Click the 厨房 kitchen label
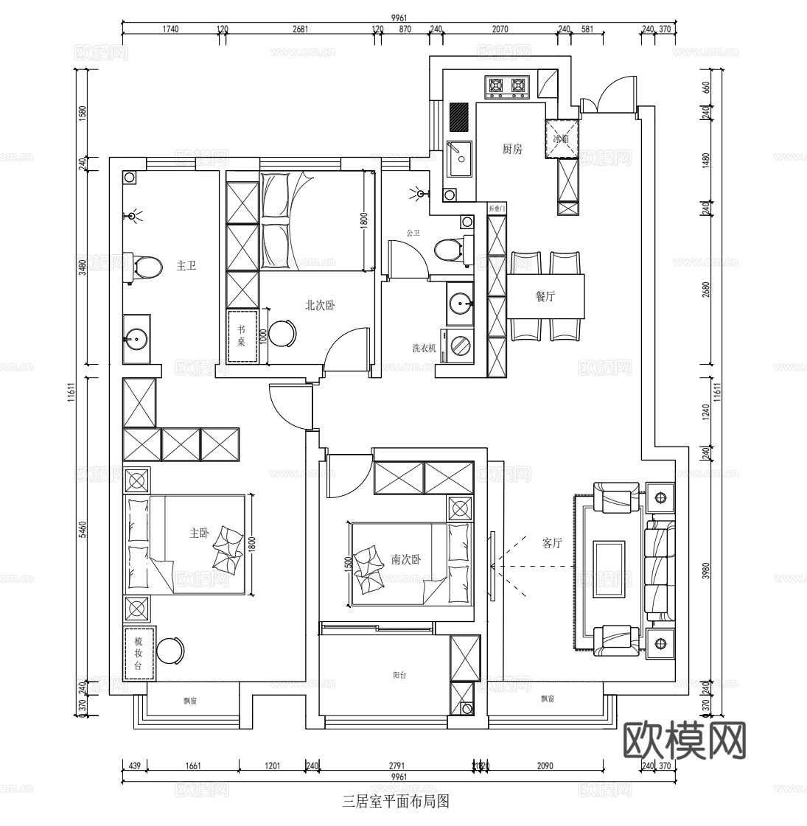coord(512,149)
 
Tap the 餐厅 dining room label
coord(545,296)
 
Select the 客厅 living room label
coord(552,543)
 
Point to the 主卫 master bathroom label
coord(186,265)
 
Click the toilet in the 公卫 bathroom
coord(449,249)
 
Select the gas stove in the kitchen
coord(508,87)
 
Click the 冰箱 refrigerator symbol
coord(562,139)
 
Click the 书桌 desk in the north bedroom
coord(242,337)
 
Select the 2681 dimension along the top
coord(300,29)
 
